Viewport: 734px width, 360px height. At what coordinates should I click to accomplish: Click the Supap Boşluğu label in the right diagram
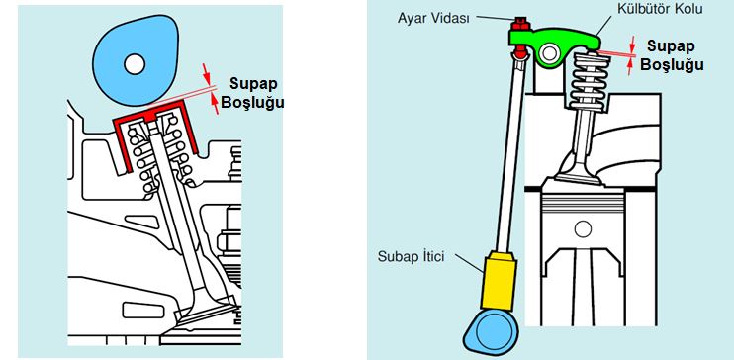[x=672, y=55]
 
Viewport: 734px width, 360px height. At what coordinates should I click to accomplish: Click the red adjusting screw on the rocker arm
[x=517, y=22]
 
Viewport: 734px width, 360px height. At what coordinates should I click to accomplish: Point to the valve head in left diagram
[x=204, y=318]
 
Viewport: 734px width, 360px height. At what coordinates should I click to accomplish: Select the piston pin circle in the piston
[x=584, y=229]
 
